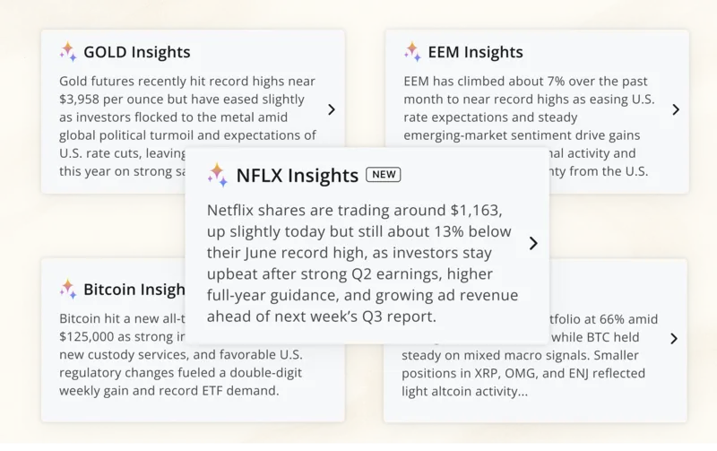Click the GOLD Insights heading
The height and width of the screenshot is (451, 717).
click(136, 53)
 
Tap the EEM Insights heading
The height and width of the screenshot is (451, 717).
click(475, 53)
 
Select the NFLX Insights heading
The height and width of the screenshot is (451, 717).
click(297, 174)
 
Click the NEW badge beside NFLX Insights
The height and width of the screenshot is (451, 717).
click(384, 174)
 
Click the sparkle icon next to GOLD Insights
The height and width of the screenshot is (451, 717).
click(68, 52)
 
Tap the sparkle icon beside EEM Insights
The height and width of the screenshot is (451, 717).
click(412, 52)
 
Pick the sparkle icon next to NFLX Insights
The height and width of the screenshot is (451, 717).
click(218, 174)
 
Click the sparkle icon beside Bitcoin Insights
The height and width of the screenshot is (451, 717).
click(68, 289)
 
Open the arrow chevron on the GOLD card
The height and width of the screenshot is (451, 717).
click(332, 109)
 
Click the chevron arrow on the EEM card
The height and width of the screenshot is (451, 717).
click(676, 109)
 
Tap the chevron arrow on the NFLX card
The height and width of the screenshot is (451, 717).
click(533, 243)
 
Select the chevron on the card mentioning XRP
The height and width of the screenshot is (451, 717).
click(674, 339)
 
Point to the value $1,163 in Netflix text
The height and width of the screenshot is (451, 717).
click(475, 211)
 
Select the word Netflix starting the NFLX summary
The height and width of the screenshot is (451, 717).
click(235, 211)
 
